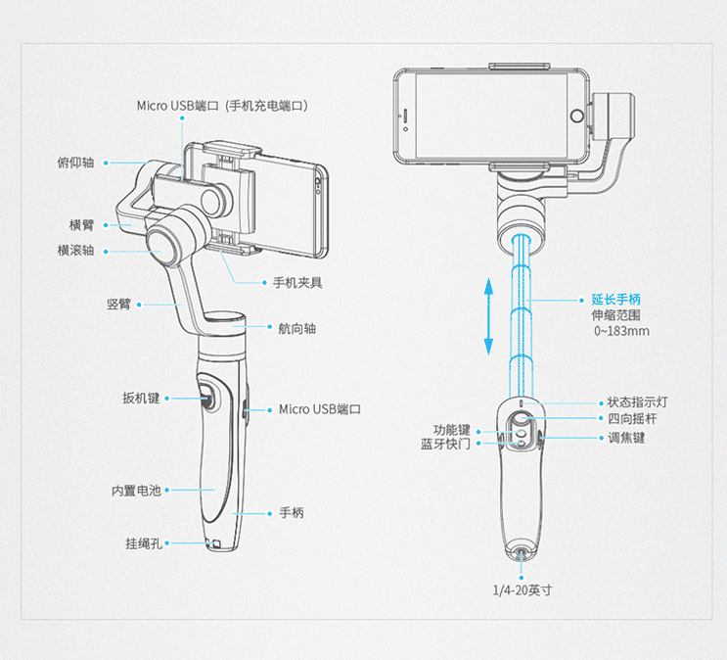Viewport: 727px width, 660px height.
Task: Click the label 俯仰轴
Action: (x=75, y=163)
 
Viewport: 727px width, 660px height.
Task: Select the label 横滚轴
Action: (x=75, y=250)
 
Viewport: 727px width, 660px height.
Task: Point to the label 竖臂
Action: (x=118, y=305)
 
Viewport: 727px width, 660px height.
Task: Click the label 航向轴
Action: (x=296, y=329)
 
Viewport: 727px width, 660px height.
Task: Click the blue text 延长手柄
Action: (x=616, y=299)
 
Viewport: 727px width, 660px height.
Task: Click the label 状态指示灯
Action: (x=638, y=402)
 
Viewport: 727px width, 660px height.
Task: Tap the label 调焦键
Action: (x=626, y=437)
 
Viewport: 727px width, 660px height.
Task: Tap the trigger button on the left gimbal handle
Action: (x=209, y=398)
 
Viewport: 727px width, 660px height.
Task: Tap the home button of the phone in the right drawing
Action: (x=404, y=117)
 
